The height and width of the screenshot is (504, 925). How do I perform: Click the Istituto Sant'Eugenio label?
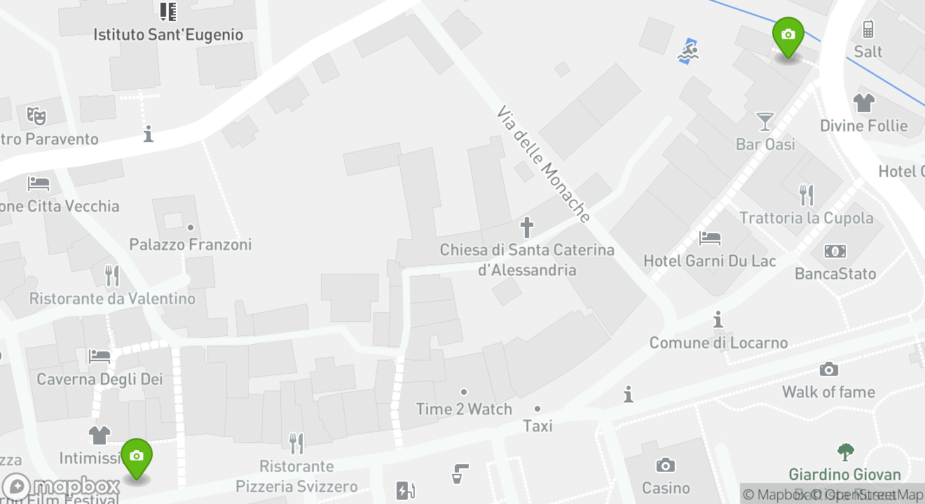tap(168, 34)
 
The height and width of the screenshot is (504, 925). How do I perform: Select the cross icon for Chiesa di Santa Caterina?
tap(527, 227)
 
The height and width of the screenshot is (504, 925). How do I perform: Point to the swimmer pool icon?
tap(689, 51)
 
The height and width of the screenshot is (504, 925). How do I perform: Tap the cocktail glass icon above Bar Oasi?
tap(765, 122)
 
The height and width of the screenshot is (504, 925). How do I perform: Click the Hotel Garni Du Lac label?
tap(710, 261)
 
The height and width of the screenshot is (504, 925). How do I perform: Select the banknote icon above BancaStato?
tap(835, 251)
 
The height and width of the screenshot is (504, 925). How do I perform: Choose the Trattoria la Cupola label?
tap(807, 218)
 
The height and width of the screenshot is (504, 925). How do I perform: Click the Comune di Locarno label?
tap(718, 342)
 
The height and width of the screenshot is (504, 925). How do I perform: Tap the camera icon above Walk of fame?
tap(828, 370)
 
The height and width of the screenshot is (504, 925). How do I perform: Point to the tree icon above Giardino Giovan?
tap(845, 452)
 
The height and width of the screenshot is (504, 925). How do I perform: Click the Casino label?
tap(666, 487)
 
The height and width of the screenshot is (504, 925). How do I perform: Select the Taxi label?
tap(537, 426)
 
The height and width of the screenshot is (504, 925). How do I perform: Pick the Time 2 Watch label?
tap(464, 409)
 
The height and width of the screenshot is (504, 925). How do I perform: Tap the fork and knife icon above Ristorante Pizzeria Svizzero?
tap(296, 442)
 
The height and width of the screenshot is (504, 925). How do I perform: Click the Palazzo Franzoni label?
tap(190, 244)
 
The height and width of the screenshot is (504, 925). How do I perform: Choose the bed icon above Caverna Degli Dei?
tap(99, 356)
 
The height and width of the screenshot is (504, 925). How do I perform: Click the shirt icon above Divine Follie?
tap(864, 103)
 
